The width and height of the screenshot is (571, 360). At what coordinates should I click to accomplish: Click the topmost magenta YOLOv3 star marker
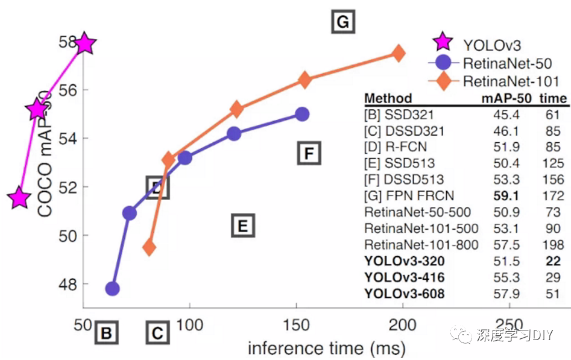pyautogui.click(x=84, y=43)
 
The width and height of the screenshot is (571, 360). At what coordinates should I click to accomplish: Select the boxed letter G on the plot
pyautogui.click(x=342, y=22)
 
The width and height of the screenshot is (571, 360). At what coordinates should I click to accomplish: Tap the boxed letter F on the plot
pyautogui.click(x=309, y=154)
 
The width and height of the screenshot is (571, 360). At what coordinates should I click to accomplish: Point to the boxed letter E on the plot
pyautogui.click(x=242, y=226)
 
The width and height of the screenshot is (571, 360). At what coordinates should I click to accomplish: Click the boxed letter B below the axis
pyautogui.click(x=106, y=333)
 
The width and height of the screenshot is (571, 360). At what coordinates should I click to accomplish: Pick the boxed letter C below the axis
pyautogui.click(x=157, y=333)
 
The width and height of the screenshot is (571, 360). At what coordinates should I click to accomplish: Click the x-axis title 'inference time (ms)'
pyautogui.click(x=326, y=347)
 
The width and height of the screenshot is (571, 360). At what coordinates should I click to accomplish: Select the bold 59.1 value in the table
pyautogui.click(x=506, y=195)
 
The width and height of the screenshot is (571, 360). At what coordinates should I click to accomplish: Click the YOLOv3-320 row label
pyautogui.click(x=405, y=261)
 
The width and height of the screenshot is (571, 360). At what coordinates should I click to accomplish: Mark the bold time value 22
pyautogui.click(x=554, y=261)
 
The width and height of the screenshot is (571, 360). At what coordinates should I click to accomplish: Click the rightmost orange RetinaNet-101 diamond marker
pyautogui.click(x=398, y=53)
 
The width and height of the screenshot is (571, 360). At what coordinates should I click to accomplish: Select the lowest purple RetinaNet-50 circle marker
pyautogui.click(x=112, y=289)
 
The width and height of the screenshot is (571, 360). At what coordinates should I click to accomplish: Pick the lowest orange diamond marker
pyautogui.click(x=149, y=247)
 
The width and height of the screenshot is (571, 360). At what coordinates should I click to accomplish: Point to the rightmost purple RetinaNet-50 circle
pyautogui.click(x=303, y=114)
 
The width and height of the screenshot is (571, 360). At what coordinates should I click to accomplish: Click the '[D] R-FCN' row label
pyautogui.click(x=395, y=147)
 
